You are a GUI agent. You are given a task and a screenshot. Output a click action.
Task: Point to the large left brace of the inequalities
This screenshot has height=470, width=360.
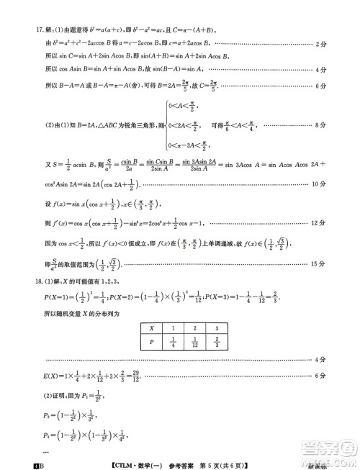(165, 126)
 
